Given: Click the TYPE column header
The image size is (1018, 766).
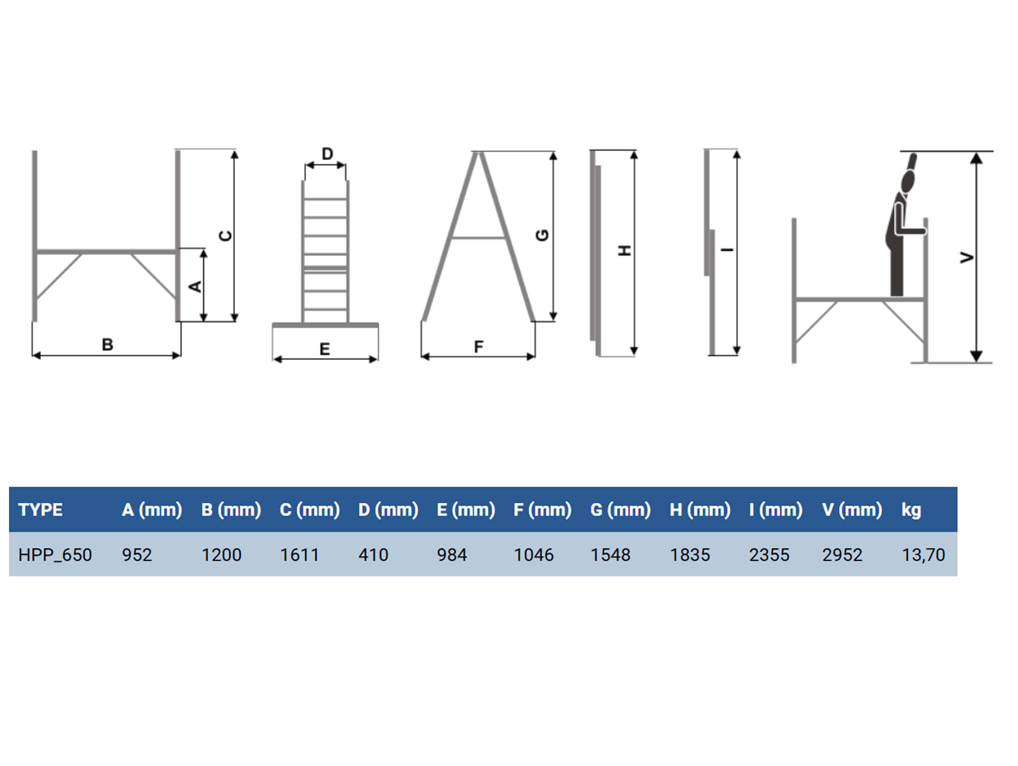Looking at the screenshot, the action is coord(40,510).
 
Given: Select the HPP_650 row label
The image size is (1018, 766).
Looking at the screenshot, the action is coord(55,555).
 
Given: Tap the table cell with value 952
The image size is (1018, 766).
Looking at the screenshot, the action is coord(137,555).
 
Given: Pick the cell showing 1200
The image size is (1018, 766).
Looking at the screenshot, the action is coord(221,555).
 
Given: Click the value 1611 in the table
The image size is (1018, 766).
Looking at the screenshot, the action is coord(300,555).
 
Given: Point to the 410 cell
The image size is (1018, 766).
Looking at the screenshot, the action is coord(373,555).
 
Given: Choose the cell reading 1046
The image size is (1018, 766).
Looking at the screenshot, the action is coord(533,555).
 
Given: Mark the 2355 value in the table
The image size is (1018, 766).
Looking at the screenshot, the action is coord(769,555).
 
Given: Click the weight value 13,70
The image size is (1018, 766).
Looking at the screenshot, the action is coord(923,555).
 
